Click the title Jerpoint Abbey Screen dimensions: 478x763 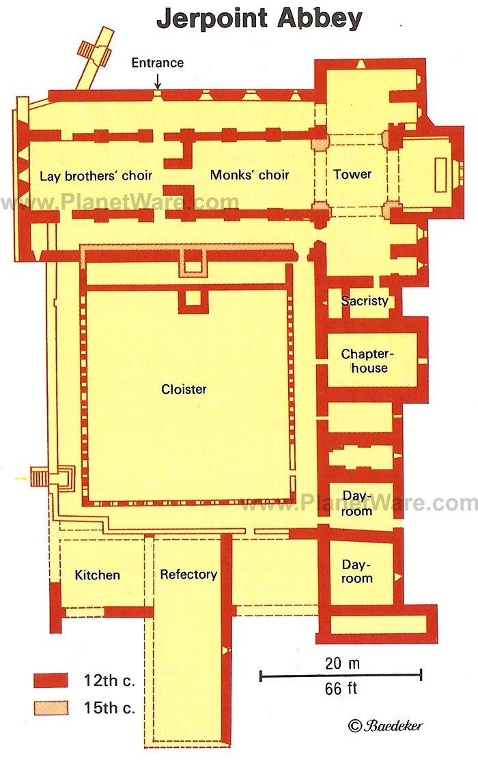click(x=259, y=20)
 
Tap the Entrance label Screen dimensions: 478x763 click(x=158, y=62)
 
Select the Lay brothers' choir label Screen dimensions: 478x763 click(x=96, y=175)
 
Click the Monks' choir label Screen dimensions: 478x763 click(x=250, y=175)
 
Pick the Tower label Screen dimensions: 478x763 click(x=352, y=174)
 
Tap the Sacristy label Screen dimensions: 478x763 click(x=365, y=301)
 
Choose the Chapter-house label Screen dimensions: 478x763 click(x=367, y=360)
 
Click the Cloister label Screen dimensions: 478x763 click(x=184, y=389)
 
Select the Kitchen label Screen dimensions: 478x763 click(x=98, y=575)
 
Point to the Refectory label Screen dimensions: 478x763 click(x=188, y=575)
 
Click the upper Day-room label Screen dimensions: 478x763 click(x=357, y=503)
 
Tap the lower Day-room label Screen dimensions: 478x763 click(x=357, y=571)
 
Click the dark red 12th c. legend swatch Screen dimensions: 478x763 click(x=51, y=680)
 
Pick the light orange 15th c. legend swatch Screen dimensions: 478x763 click(x=51, y=708)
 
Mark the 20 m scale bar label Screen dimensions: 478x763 click(x=342, y=663)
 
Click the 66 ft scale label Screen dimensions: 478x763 click(x=341, y=689)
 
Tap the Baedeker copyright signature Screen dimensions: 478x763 click(x=385, y=725)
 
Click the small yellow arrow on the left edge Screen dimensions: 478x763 click(x=20, y=479)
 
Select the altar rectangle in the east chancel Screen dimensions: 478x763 click(x=440, y=175)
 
